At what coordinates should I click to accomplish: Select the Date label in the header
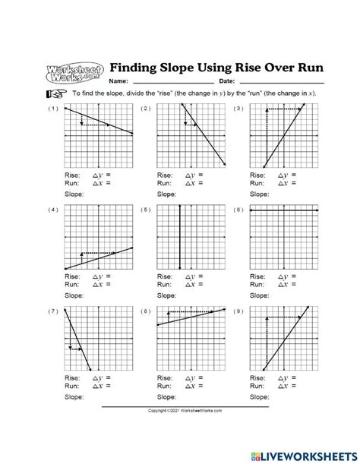click(227, 81)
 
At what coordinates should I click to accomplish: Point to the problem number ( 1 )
click(52, 109)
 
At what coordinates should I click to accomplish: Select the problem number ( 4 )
click(52, 210)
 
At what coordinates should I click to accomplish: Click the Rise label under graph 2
click(164, 174)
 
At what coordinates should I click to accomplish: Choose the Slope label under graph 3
click(258, 194)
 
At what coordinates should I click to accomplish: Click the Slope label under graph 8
click(166, 396)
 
